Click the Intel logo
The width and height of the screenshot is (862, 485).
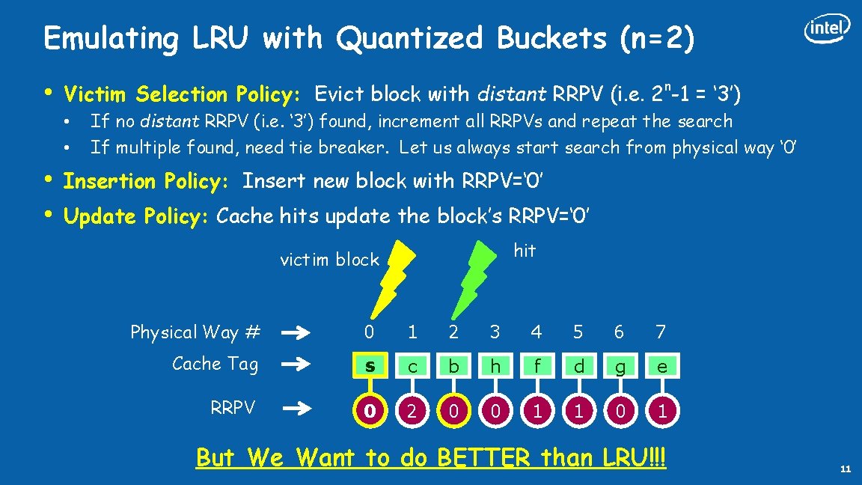click(x=828, y=28)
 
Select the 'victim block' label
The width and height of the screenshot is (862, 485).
click(x=329, y=260)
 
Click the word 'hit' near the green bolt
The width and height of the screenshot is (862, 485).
click(x=525, y=251)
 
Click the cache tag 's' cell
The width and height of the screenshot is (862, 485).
click(x=370, y=367)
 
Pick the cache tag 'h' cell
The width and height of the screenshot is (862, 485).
click(x=495, y=367)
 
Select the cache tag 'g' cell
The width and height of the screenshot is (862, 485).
click(x=620, y=367)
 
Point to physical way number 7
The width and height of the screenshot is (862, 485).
click(x=661, y=332)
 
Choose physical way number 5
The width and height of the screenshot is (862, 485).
click(x=577, y=332)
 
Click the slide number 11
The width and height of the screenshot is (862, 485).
click(x=846, y=469)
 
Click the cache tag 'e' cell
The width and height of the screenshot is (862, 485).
click(x=661, y=367)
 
